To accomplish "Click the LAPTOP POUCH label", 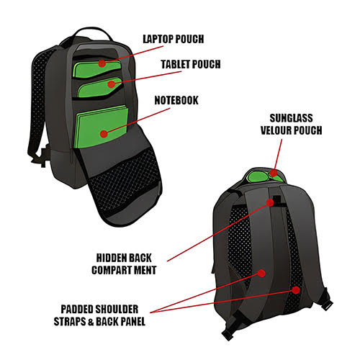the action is point(174,40).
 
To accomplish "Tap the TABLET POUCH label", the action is point(191,64).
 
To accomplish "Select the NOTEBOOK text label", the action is point(176,100).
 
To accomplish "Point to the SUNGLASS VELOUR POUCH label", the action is point(291,124).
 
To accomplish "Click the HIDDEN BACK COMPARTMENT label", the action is point(124,264).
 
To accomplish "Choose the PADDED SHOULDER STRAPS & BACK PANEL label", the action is point(99,315).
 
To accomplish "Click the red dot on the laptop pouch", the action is point(102,63).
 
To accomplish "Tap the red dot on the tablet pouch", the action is point(111,84).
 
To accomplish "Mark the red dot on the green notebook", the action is point(104,134).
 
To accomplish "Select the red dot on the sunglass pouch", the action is point(274,173).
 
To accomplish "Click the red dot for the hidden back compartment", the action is point(270,202).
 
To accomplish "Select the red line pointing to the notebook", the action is point(137,121).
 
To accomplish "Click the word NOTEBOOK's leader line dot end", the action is point(104,134).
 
